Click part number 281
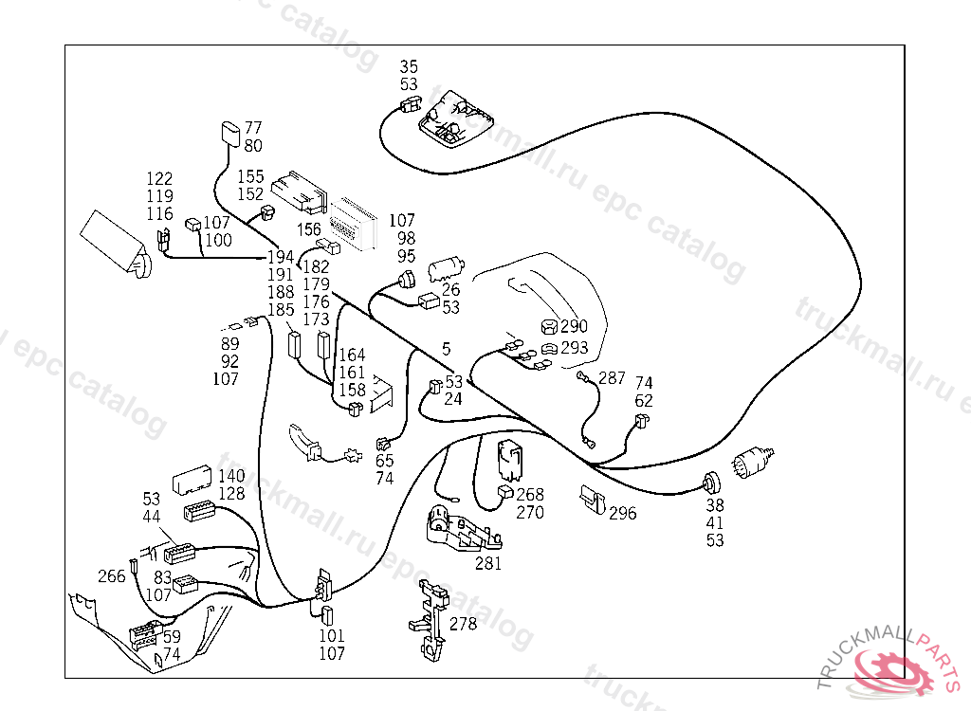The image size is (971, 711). click(488, 563)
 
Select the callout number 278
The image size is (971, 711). click(464, 624)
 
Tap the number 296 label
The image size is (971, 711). click(623, 513)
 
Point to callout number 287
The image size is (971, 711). click(612, 378)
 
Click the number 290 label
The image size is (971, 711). click(575, 327)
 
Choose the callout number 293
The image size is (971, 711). click(575, 348)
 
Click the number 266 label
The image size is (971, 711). click(112, 576)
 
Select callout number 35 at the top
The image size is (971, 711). click(409, 66)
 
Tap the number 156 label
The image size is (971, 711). click(309, 229)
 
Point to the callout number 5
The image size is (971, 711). click(447, 349)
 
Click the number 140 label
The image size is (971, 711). click(231, 476)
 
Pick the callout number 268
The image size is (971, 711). click(530, 495)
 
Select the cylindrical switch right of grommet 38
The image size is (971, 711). click(754, 465)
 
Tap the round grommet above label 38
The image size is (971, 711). click(710, 482)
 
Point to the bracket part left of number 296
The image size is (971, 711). click(592, 498)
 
